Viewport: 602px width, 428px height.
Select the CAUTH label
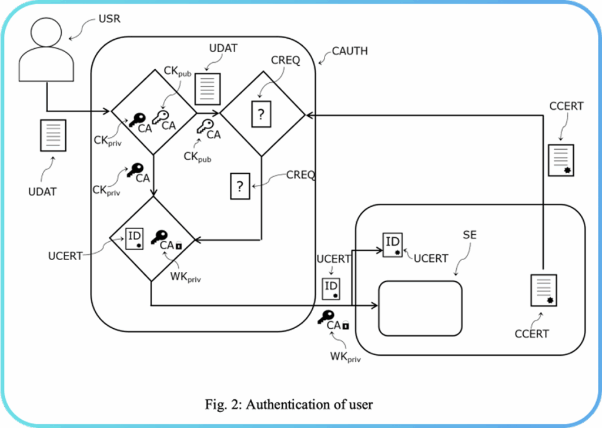tap(350, 51)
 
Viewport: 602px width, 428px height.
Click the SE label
tap(470, 235)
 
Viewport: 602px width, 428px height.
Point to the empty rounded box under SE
tap(420, 308)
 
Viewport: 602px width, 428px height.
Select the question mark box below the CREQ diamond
tap(240, 187)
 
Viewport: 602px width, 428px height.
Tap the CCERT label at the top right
tap(566, 106)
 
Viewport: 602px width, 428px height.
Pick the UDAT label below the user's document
tap(42, 192)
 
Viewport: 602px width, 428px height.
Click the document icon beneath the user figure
tap(52, 134)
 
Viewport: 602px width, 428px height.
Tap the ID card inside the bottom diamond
tap(135, 237)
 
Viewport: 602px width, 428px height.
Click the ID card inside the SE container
tap(392, 244)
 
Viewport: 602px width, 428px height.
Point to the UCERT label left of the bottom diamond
tap(65, 257)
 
